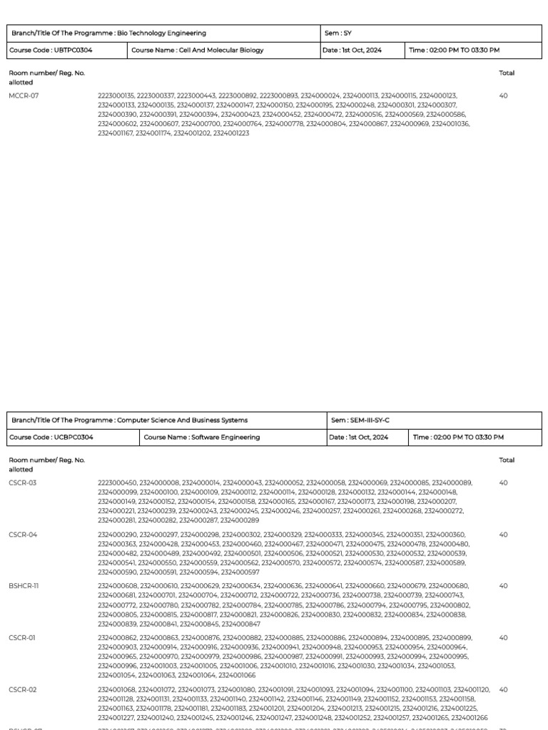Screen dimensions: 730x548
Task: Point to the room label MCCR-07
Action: (x=24, y=96)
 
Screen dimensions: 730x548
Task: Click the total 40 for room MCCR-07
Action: (x=504, y=96)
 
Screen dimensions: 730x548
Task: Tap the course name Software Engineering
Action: (x=202, y=437)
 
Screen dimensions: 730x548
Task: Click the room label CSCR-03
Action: (x=23, y=483)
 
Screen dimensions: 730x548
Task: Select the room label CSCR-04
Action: (x=23, y=535)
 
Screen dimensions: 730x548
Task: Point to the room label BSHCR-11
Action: (x=24, y=586)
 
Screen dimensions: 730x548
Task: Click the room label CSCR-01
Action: (x=22, y=638)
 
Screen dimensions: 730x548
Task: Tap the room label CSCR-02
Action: (x=23, y=689)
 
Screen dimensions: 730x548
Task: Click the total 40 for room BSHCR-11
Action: (x=504, y=586)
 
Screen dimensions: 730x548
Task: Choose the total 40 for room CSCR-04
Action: (x=504, y=535)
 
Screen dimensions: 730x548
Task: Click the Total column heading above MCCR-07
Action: (x=507, y=73)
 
